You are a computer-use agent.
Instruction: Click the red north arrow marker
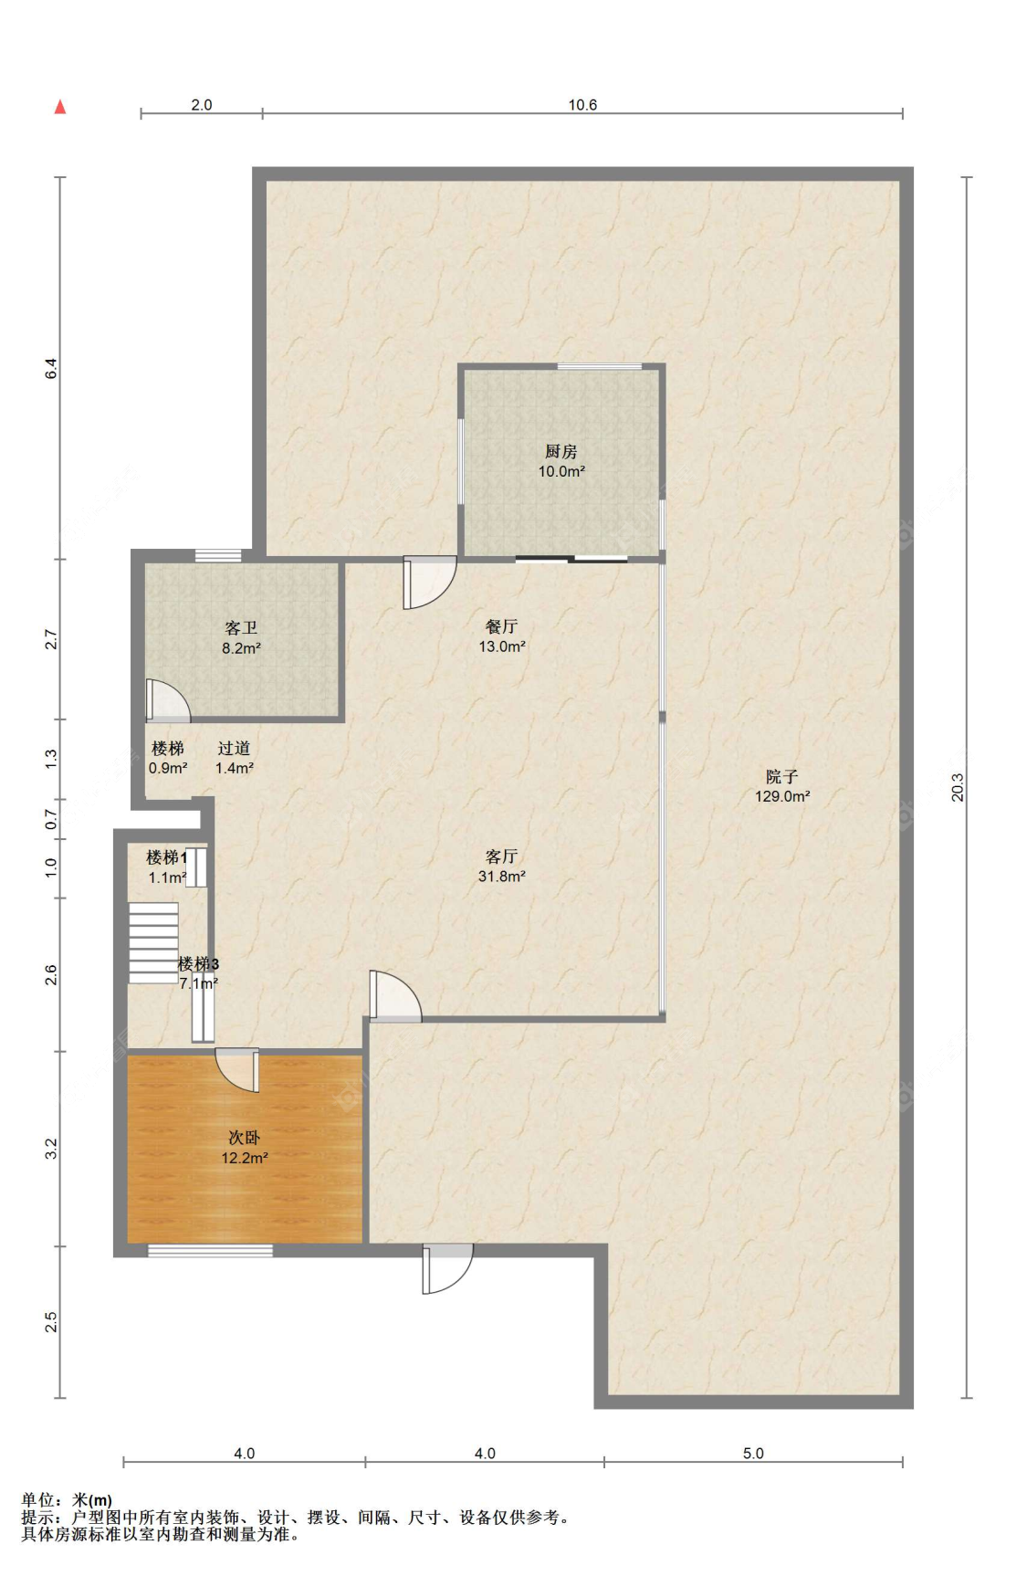click(60, 107)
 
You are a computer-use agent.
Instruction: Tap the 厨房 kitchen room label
click(561, 451)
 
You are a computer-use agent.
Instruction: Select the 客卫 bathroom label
click(241, 628)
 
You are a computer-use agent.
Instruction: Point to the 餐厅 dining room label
click(501, 626)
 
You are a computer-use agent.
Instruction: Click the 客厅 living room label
click(501, 856)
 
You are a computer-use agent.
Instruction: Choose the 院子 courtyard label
click(781, 776)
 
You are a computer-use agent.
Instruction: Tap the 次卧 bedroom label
click(244, 1138)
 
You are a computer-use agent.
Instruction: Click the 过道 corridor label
click(234, 749)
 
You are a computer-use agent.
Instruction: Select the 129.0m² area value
click(782, 796)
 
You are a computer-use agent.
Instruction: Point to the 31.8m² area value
click(501, 877)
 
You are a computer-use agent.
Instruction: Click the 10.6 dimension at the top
click(582, 105)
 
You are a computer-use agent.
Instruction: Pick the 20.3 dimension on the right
click(957, 787)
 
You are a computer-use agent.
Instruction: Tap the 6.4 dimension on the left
click(52, 369)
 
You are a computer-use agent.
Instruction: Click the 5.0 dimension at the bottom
click(753, 1454)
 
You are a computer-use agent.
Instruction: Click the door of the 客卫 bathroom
click(168, 700)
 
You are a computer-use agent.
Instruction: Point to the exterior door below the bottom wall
click(447, 1269)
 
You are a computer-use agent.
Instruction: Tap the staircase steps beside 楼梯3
click(153, 943)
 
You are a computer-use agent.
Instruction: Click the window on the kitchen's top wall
click(600, 367)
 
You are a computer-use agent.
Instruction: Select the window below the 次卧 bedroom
click(210, 1250)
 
